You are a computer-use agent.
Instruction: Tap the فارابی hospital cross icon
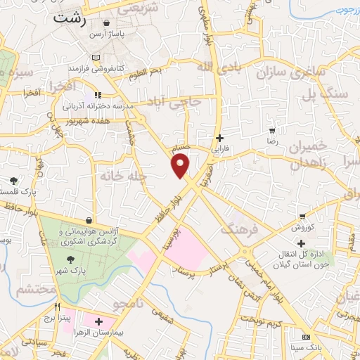(220, 139)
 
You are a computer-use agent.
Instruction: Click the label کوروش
(301, 229)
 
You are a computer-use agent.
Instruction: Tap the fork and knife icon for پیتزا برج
(59, 308)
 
